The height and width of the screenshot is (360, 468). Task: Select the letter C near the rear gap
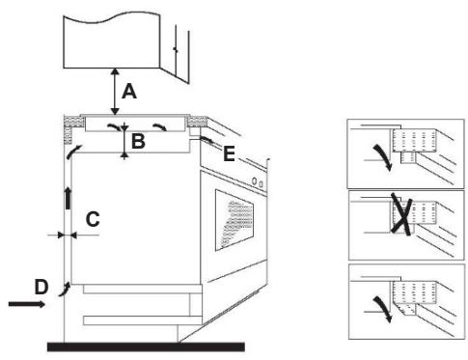92,219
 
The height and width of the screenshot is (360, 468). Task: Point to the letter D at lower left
41,287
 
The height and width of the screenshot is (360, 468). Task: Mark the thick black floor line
145,345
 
